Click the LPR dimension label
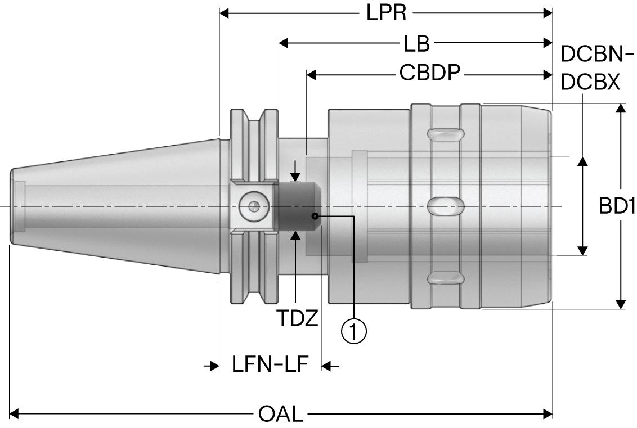(387, 13)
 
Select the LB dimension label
(417, 43)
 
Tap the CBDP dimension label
(430, 74)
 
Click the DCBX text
(590, 83)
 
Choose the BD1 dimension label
(617, 206)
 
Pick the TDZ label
(297, 318)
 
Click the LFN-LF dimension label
(270, 364)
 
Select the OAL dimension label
(281, 415)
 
